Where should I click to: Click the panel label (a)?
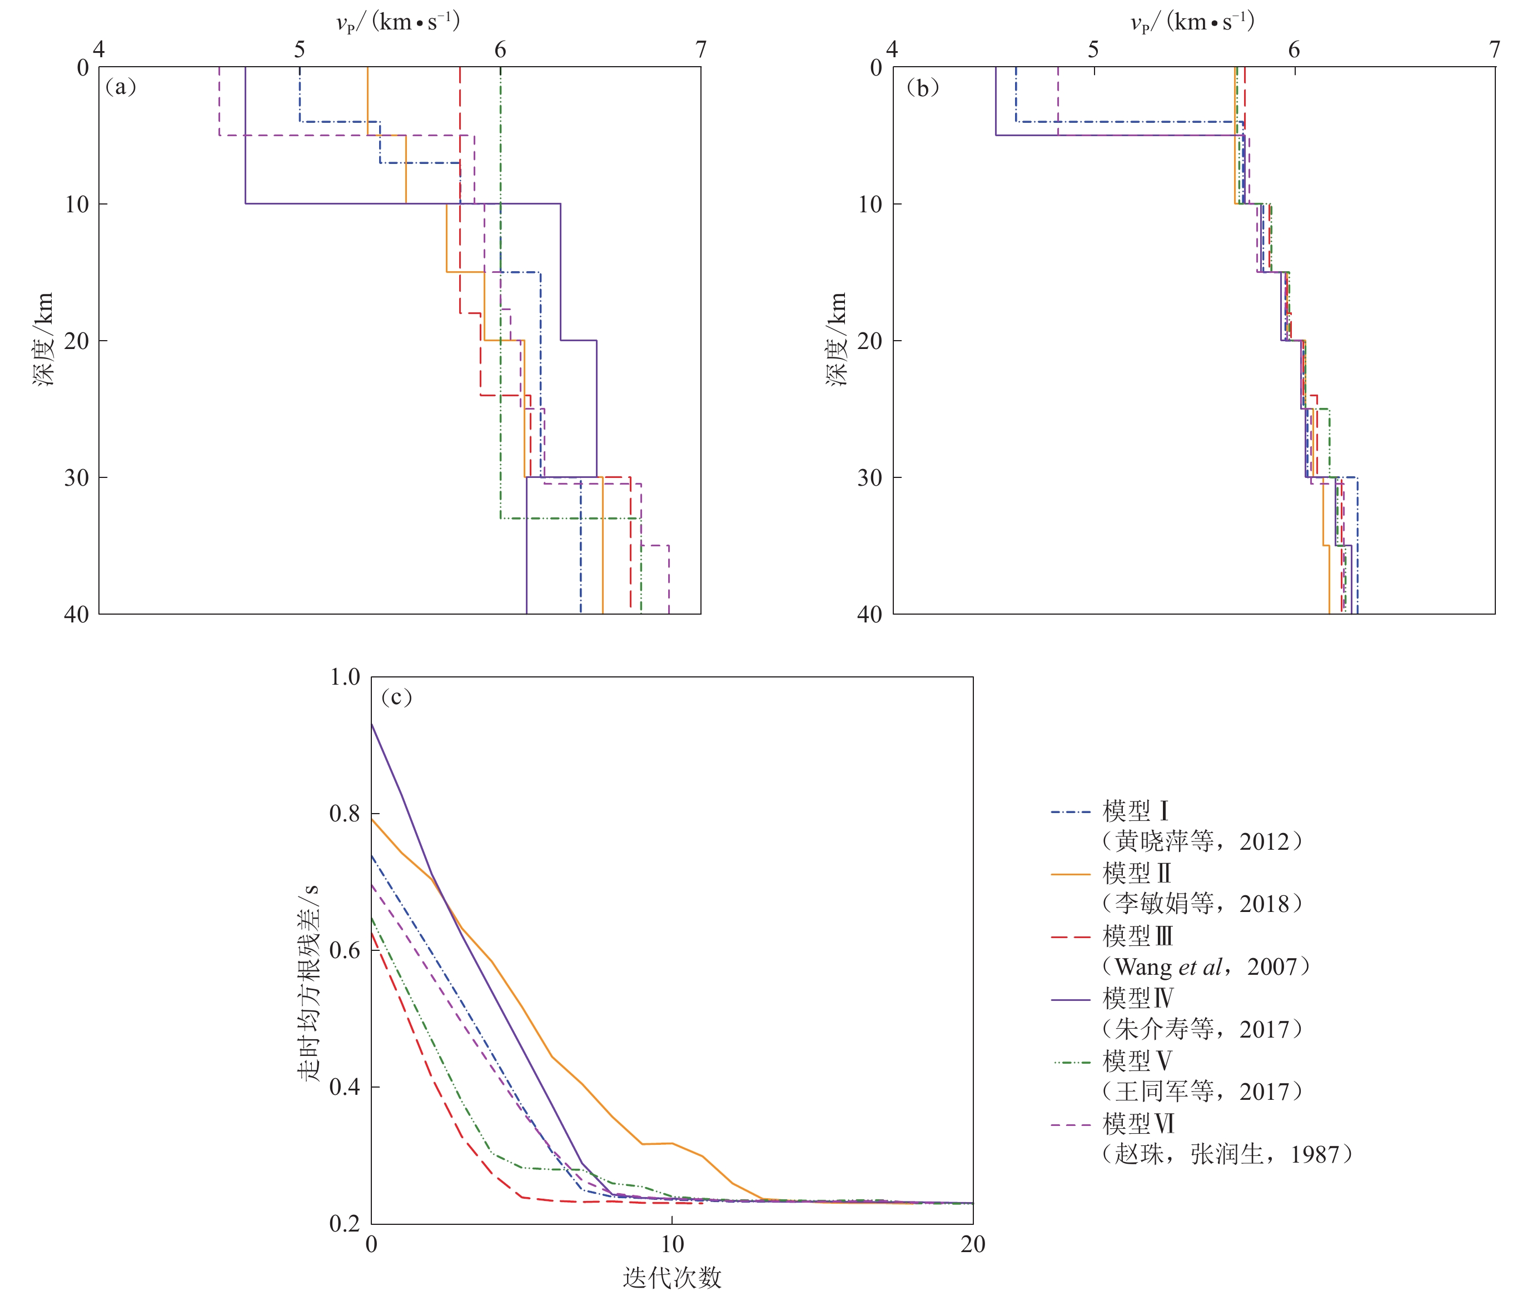click(121, 87)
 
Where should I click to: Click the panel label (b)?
click(922, 88)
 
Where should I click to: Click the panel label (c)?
click(396, 697)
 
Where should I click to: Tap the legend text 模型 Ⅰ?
click(1135, 811)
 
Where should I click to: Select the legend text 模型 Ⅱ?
click(1137, 873)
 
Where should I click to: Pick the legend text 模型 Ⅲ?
click(1137, 936)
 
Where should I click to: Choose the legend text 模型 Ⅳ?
click(1137, 998)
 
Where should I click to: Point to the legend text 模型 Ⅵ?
click(1137, 1123)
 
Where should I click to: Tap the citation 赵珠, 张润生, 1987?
click(1227, 1154)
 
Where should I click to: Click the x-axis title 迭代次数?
click(672, 1277)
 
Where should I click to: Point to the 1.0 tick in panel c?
click(345, 677)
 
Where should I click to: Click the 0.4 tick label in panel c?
click(345, 1087)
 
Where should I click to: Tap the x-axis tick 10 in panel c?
click(672, 1244)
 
